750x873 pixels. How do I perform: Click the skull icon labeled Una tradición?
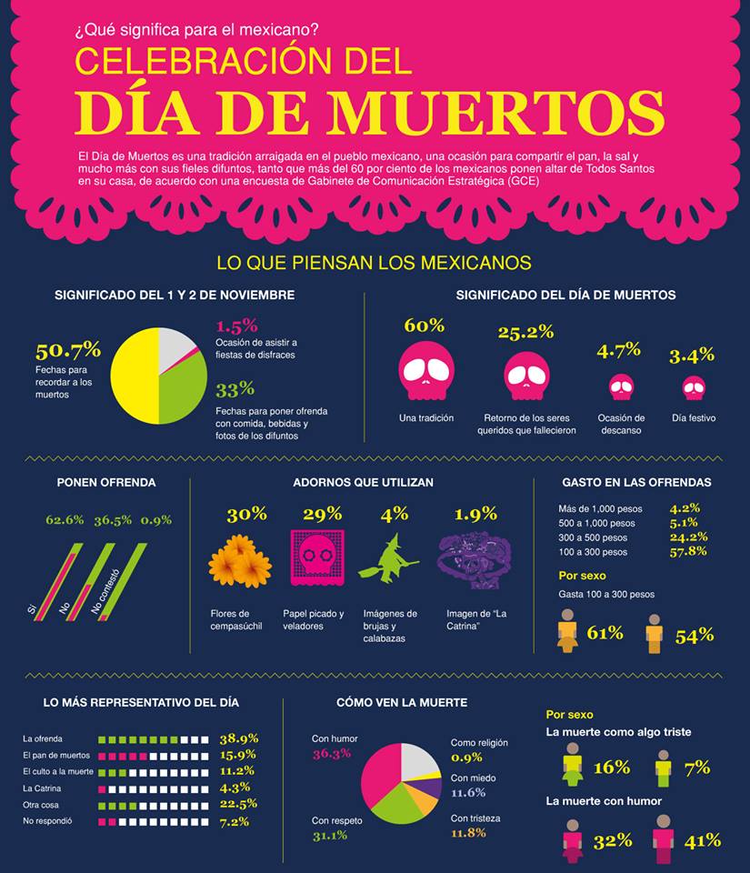tap(425, 371)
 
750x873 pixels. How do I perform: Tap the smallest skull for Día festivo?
tap(693, 388)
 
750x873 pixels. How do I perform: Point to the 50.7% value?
tap(68, 351)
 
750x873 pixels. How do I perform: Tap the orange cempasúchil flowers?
tap(239, 560)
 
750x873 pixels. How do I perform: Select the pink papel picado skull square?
tap(316, 557)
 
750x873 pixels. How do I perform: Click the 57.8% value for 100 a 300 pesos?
tap(689, 551)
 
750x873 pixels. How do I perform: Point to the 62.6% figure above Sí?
tap(65, 520)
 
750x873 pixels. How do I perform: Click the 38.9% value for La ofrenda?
tap(238, 738)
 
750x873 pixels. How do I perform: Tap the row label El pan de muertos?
tap(56, 756)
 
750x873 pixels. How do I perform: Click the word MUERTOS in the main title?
tap(495, 113)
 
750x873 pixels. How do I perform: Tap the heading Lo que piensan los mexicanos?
tap(374, 263)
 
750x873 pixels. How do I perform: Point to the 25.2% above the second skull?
tap(525, 332)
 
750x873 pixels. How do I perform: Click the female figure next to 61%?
tap(567, 631)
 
